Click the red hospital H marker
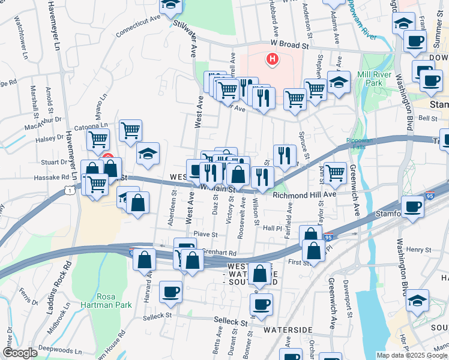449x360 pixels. coord(273,59)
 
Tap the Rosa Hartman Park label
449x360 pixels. coord(115,301)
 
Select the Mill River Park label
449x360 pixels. coord(374,79)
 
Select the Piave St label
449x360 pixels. coord(205,234)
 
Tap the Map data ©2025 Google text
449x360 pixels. coord(411,355)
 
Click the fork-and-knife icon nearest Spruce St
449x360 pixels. coord(285,155)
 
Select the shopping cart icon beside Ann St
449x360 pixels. coord(336,172)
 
